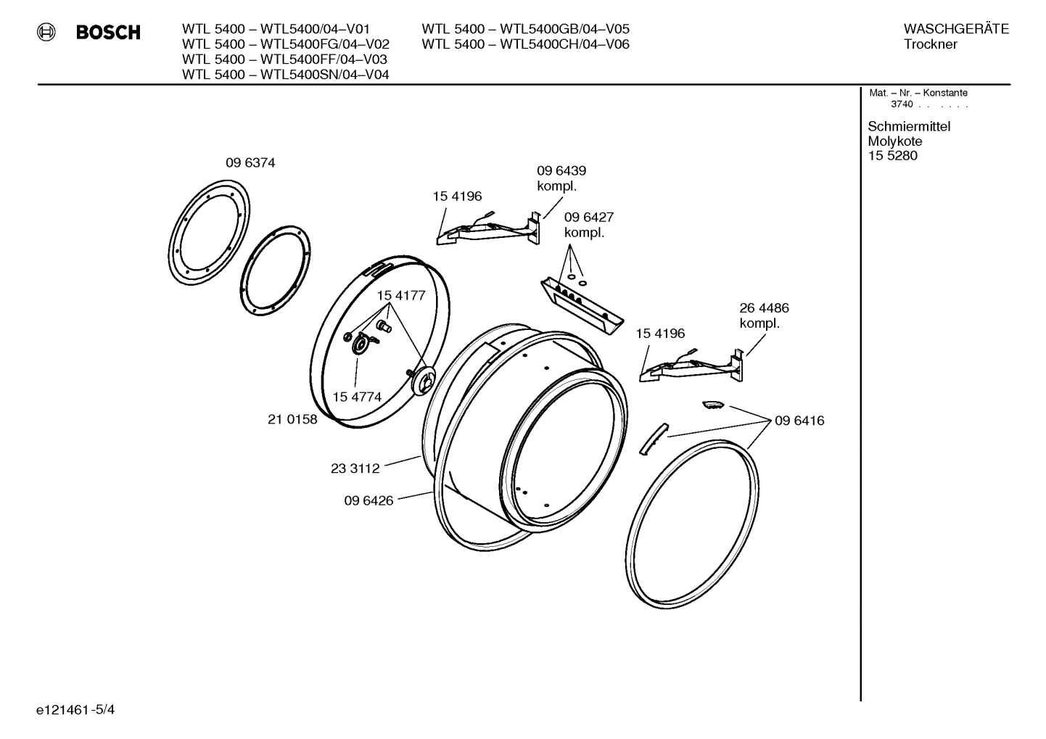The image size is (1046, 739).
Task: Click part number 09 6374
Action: point(250,163)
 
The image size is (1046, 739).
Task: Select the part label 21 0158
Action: point(292,419)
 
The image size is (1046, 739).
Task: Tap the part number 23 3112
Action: point(355,468)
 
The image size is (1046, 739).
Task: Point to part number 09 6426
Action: point(368,500)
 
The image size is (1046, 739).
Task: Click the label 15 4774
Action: point(357,397)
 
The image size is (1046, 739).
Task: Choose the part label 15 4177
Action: point(400,296)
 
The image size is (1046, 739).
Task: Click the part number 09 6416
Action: point(799,421)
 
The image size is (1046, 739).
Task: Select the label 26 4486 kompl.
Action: point(764,315)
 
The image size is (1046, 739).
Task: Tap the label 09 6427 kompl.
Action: point(588,225)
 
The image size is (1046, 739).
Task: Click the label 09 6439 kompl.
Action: point(561,178)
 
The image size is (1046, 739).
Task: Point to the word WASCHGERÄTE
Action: point(955,29)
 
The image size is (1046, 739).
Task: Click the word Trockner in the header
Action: point(930,44)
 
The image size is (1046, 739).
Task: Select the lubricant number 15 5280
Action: point(892,156)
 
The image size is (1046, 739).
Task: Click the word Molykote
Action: point(894,141)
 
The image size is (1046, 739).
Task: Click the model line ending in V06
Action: point(525,44)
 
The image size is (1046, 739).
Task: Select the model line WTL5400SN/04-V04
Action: point(285,75)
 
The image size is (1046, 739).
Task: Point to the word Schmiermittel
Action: point(908,126)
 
